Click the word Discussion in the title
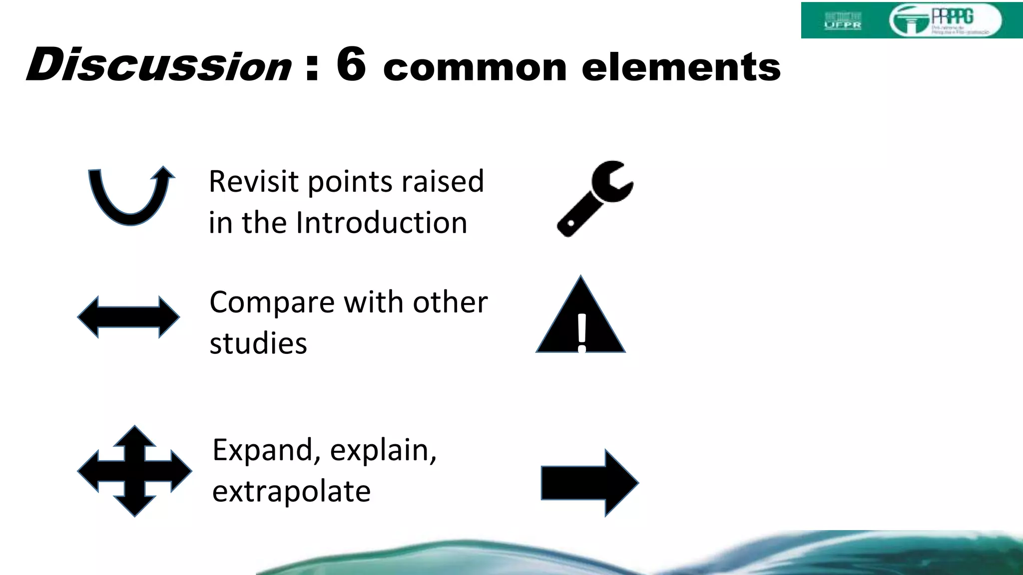[x=159, y=65]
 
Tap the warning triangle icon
[x=580, y=319]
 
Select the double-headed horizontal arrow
[x=128, y=317]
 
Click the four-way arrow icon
[x=134, y=471]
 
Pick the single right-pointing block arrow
[x=589, y=483]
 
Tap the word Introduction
[x=382, y=223]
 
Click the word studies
[x=258, y=343]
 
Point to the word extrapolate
[x=291, y=492]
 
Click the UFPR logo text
[x=843, y=24]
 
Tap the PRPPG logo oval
[x=945, y=20]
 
